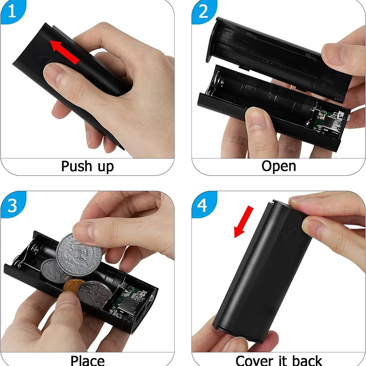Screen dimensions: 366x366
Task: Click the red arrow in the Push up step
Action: (64, 51)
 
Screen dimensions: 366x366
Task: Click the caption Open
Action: (279, 166)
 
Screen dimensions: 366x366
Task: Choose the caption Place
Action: (87, 359)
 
